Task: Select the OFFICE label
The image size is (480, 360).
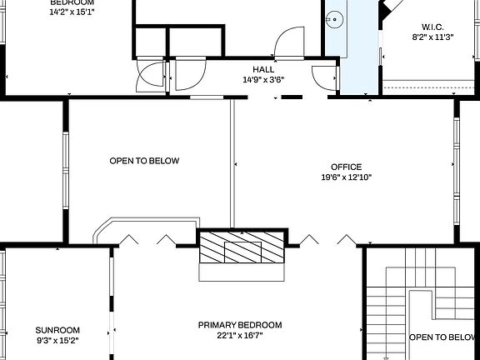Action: pos(346,167)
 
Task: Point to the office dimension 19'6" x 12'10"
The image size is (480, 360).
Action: pos(346,177)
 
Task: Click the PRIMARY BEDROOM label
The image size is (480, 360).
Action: pos(240,325)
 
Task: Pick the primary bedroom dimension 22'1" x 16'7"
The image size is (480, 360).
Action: pos(240,336)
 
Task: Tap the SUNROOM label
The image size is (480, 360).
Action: pos(57,329)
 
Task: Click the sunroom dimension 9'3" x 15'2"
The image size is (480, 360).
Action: pos(57,340)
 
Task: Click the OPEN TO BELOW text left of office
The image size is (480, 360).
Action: pos(144,161)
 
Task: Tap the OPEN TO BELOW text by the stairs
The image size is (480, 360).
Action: pos(442,337)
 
